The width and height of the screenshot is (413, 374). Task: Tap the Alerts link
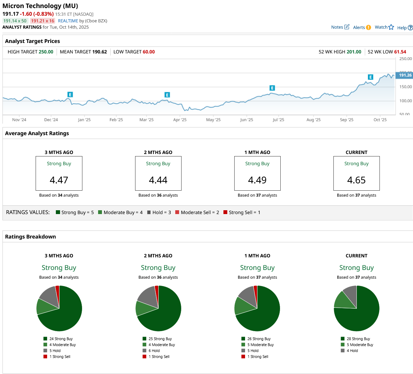click(x=362, y=28)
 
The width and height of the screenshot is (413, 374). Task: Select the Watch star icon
click(x=391, y=27)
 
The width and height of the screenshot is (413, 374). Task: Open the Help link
click(x=405, y=28)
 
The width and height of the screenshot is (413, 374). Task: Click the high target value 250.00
click(x=46, y=52)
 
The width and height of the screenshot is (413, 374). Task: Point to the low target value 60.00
click(x=148, y=52)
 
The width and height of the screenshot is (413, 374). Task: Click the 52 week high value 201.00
click(x=354, y=52)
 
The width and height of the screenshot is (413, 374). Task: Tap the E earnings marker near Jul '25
click(x=272, y=88)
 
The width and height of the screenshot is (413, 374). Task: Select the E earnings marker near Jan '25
click(x=70, y=95)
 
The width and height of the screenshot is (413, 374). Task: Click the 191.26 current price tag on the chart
click(x=405, y=75)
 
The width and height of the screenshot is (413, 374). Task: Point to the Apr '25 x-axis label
click(x=180, y=120)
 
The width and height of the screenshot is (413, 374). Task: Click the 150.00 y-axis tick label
click(x=405, y=87)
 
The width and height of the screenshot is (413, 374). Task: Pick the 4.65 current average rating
click(x=356, y=180)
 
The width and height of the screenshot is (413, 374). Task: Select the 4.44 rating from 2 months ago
click(x=158, y=180)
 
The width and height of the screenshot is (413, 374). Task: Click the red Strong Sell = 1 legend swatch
click(x=226, y=212)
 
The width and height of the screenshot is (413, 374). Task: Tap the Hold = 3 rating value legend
click(x=159, y=212)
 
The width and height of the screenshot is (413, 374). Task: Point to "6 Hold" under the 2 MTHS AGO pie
click(x=154, y=351)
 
